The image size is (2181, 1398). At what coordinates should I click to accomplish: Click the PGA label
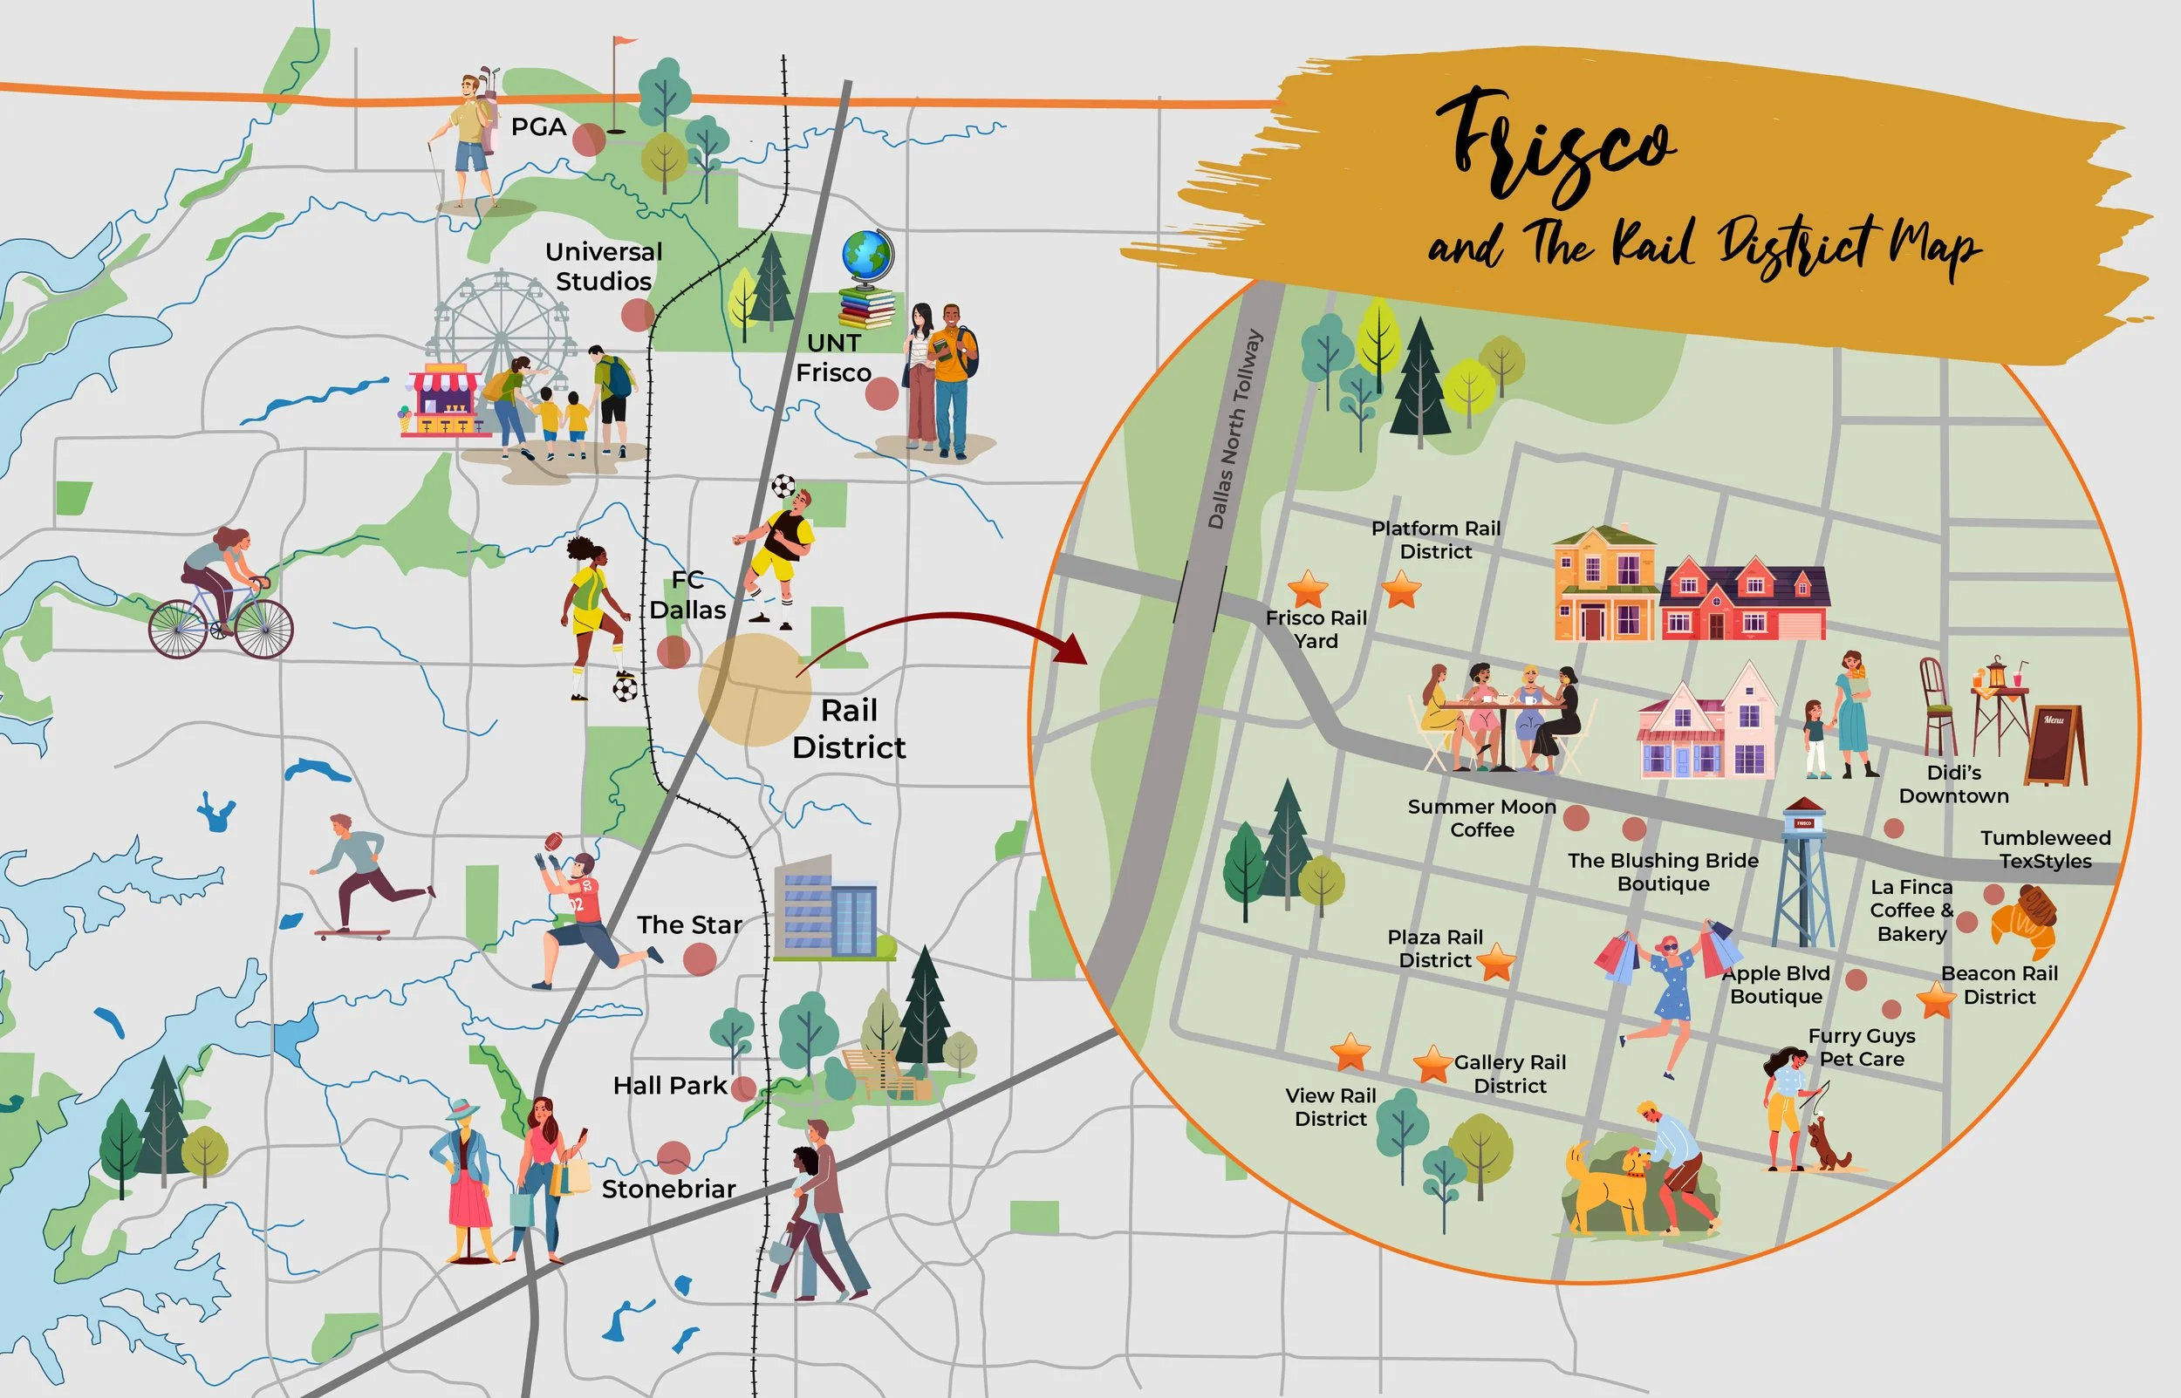click(x=538, y=127)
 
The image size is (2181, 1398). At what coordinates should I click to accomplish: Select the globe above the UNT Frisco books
click(x=867, y=257)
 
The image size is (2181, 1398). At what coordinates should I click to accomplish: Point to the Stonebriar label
click(x=668, y=1190)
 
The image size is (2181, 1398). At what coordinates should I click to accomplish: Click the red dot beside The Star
click(x=699, y=958)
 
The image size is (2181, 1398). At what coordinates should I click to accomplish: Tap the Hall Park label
click(x=669, y=1086)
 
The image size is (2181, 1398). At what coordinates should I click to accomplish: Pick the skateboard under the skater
click(x=352, y=932)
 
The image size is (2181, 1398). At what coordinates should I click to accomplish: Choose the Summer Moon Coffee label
click(x=1481, y=818)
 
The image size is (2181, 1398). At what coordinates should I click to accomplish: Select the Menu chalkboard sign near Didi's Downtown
click(x=2055, y=746)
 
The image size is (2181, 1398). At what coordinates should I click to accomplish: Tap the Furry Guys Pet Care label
click(x=1862, y=1047)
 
